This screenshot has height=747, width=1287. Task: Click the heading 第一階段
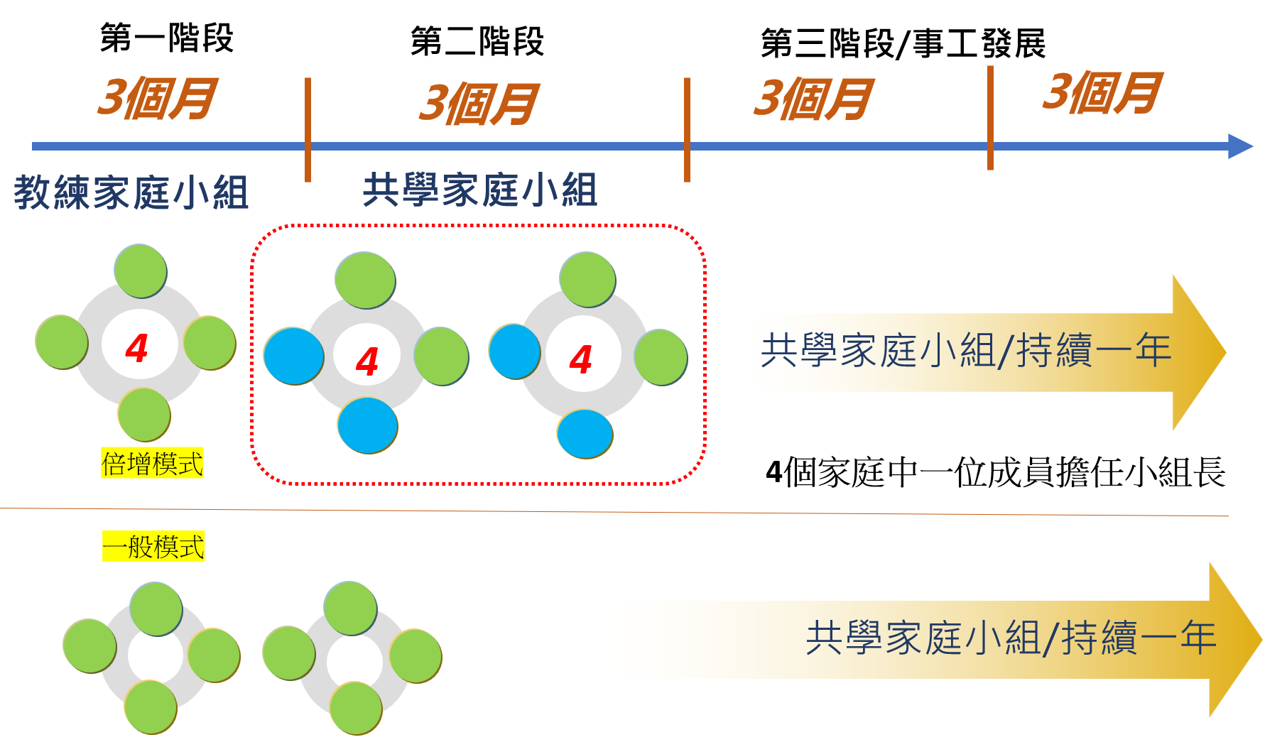pyautogui.click(x=167, y=38)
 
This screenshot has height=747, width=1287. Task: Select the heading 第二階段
pyautogui.click(x=477, y=41)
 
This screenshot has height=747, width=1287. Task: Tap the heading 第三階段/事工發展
pyautogui.click(x=903, y=44)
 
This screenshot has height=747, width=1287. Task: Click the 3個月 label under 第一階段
pyautogui.click(x=157, y=98)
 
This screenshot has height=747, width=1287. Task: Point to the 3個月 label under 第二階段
pyautogui.click(x=479, y=104)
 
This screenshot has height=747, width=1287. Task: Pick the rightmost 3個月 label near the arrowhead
pyautogui.click(x=1102, y=93)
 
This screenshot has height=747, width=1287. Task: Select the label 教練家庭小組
pyautogui.click(x=131, y=192)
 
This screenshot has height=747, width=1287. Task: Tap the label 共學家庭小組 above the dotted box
pyautogui.click(x=480, y=190)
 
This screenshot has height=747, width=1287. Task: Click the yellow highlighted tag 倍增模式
pyautogui.click(x=152, y=464)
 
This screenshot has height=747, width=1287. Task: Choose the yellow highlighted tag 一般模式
pyautogui.click(x=153, y=547)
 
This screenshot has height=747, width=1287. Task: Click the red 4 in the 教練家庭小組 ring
pyautogui.click(x=137, y=348)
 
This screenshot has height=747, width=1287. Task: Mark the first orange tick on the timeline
pyautogui.click(x=308, y=129)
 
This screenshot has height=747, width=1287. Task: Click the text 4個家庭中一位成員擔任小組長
pyautogui.click(x=995, y=472)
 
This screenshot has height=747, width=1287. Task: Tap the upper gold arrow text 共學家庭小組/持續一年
pyautogui.click(x=966, y=351)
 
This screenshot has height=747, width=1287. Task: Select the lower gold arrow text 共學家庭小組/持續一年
pyautogui.click(x=1011, y=638)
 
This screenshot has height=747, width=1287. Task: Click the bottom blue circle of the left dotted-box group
pyautogui.click(x=367, y=425)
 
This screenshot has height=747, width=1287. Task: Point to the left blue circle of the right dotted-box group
pyautogui.click(x=515, y=351)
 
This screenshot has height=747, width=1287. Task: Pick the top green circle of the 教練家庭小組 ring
pyautogui.click(x=141, y=271)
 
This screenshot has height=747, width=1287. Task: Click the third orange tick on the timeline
pyautogui.click(x=990, y=118)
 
